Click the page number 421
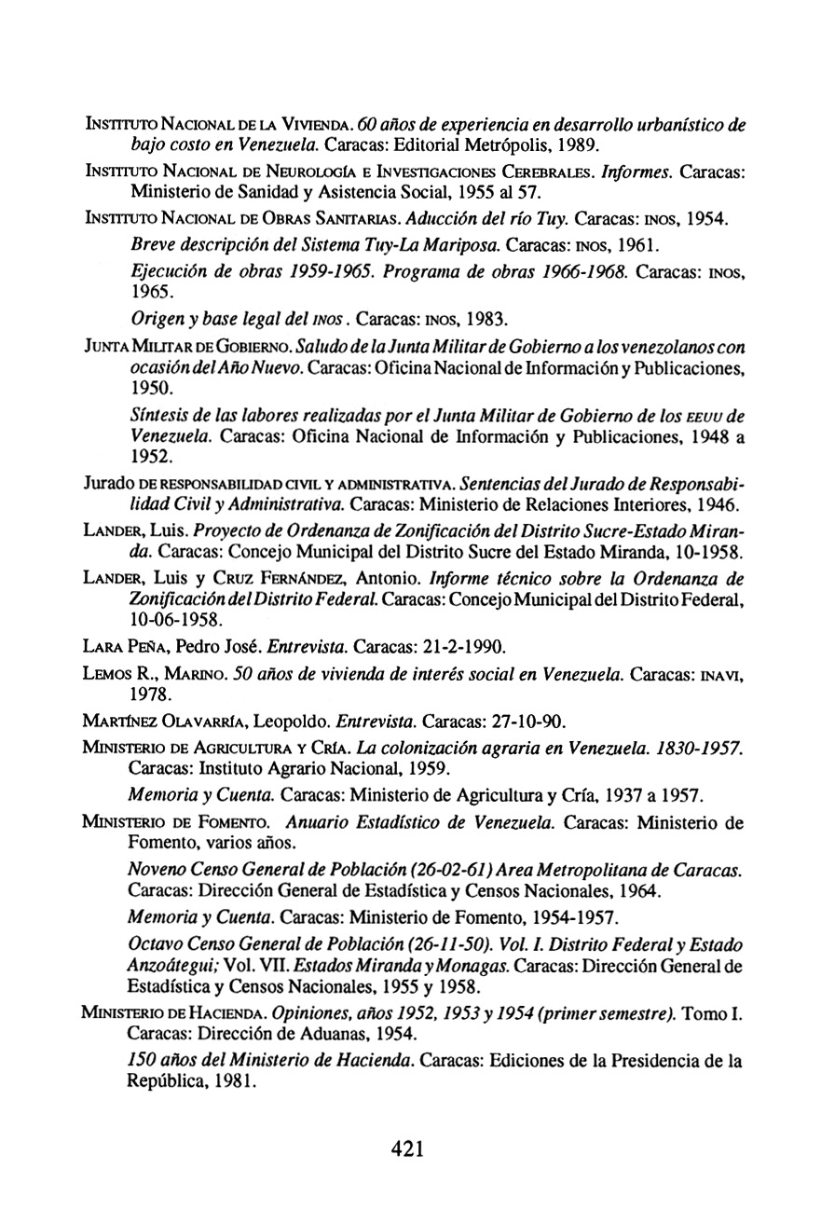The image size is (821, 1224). point(408,1148)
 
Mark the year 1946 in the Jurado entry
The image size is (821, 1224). point(717,506)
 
